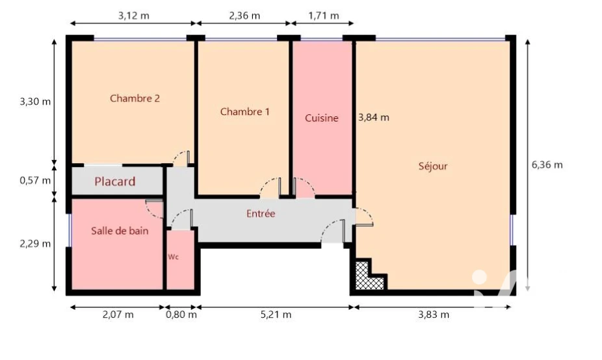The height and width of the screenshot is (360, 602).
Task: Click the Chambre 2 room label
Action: (x=135, y=99)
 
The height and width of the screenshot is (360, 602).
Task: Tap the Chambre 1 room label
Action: (x=245, y=112)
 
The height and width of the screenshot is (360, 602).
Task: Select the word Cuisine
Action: (x=322, y=118)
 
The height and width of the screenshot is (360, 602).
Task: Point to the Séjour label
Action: (x=433, y=166)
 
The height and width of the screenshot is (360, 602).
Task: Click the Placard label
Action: (x=115, y=181)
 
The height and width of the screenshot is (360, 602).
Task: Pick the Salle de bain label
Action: (x=120, y=231)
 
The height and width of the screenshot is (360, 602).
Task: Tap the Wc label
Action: (x=174, y=257)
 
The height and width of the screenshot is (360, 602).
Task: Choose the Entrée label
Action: (x=261, y=213)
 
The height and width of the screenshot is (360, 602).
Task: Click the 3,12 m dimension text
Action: (x=134, y=16)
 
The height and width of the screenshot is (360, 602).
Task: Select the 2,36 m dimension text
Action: (x=244, y=16)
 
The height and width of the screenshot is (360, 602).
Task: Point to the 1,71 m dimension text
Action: (x=324, y=16)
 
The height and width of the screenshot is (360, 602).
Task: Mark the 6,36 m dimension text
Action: (x=547, y=164)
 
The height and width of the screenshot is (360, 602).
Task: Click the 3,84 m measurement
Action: (x=374, y=118)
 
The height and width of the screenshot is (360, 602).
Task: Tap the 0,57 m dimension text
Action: (x=35, y=181)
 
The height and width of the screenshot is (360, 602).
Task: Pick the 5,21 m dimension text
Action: (x=276, y=315)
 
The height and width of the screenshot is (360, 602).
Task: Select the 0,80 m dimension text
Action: (x=181, y=315)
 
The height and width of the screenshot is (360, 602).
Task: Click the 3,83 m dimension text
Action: (x=434, y=315)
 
